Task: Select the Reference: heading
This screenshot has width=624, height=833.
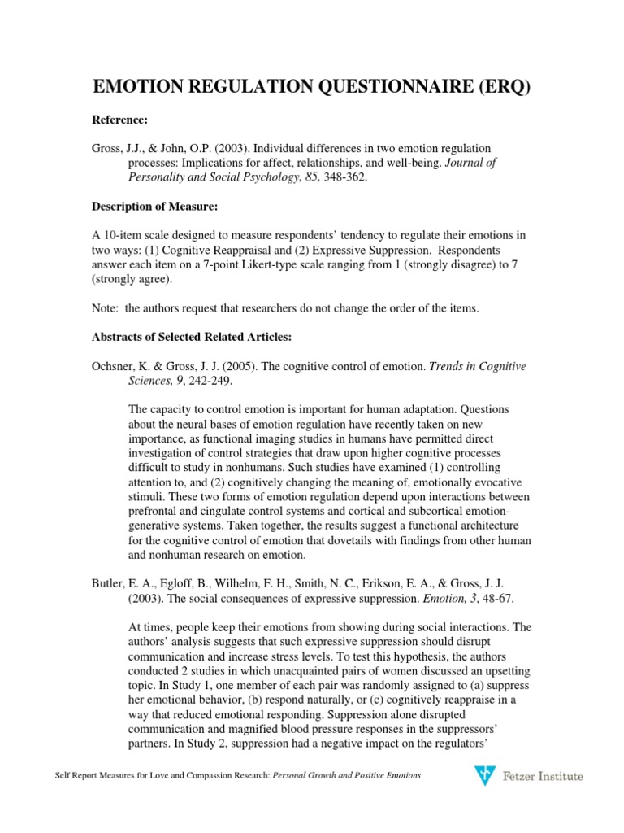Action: (x=119, y=120)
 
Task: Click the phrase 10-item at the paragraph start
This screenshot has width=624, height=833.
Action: (x=119, y=235)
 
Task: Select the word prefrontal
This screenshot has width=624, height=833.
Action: (x=156, y=511)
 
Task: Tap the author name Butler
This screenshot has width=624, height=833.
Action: (x=107, y=584)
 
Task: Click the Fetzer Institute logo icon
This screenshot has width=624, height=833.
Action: (x=483, y=776)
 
